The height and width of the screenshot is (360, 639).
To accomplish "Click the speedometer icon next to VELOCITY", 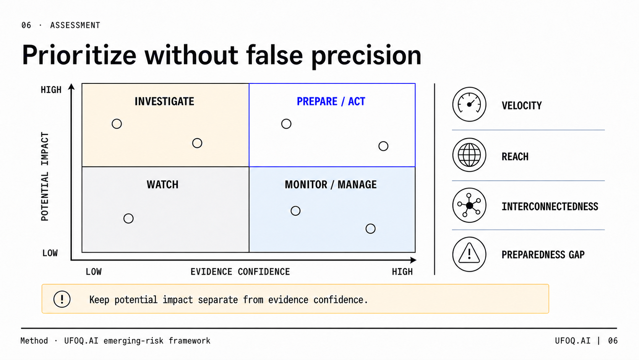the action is click(x=469, y=104).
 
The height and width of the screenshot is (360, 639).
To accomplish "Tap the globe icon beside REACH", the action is click(x=469, y=155).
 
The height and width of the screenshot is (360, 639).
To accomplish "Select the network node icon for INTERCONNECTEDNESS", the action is click(x=469, y=205).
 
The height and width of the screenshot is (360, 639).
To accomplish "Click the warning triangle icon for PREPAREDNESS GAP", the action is click(x=469, y=254).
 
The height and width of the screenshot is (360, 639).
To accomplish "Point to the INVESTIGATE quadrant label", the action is click(x=164, y=101).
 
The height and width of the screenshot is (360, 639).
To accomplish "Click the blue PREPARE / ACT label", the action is click(x=331, y=101).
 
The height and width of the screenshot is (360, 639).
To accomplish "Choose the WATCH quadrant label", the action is click(x=162, y=185).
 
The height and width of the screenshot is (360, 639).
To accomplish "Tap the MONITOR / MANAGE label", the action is click(x=331, y=185).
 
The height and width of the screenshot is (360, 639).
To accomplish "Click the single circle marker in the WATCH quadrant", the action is click(x=128, y=218).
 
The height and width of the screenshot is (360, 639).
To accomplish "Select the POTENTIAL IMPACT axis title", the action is click(x=45, y=176).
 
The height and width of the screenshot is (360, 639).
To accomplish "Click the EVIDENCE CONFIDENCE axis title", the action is click(x=240, y=272).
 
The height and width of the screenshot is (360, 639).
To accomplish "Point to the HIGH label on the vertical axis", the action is click(x=51, y=90).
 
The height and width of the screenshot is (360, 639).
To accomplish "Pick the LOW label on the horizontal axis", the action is click(x=94, y=272).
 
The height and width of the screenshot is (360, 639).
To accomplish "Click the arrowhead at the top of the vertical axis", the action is click(x=71, y=86).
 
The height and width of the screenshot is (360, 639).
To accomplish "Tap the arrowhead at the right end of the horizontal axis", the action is click(x=413, y=260).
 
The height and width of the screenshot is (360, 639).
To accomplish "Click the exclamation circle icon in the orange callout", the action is click(x=62, y=299).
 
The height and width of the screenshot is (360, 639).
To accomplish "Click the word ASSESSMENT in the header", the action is click(x=75, y=25).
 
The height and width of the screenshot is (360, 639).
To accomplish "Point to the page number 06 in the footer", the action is click(x=613, y=340).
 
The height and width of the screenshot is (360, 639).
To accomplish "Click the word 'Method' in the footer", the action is click(x=34, y=340).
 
